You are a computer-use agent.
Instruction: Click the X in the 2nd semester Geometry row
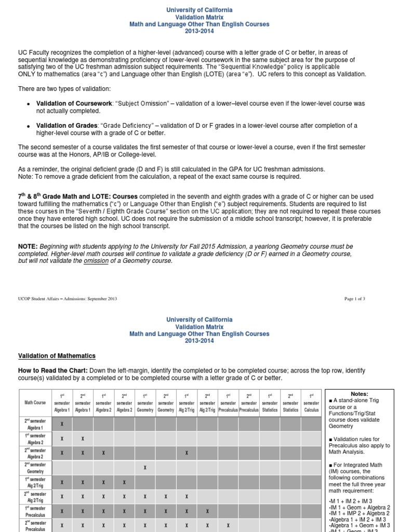(x=145, y=468)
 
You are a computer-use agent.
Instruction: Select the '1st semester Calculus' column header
(x=311, y=402)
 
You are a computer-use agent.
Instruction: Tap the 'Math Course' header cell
(x=35, y=402)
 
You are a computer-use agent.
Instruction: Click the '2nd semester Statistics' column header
(x=290, y=402)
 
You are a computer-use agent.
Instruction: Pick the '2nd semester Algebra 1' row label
(x=35, y=424)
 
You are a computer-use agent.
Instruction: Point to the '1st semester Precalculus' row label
(x=35, y=511)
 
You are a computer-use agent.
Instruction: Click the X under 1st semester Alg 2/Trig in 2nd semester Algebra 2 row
(x=187, y=453)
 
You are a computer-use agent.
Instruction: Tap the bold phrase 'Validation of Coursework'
(x=74, y=103)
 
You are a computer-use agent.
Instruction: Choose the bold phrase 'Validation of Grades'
(x=66, y=125)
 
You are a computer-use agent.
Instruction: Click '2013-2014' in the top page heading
(x=199, y=32)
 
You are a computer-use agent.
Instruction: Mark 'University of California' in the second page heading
(x=199, y=320)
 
